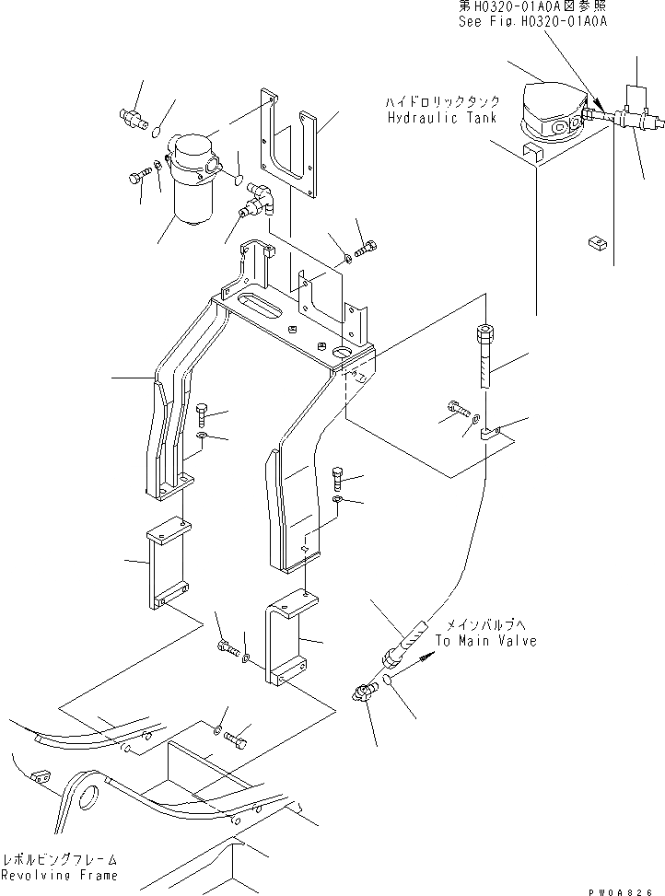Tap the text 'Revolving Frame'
coord(59,874)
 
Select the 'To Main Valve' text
coord(485,641)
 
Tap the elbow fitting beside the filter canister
coord(261,200)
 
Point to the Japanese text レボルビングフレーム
coord(59,857)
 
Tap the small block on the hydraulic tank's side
coord(595,242)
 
